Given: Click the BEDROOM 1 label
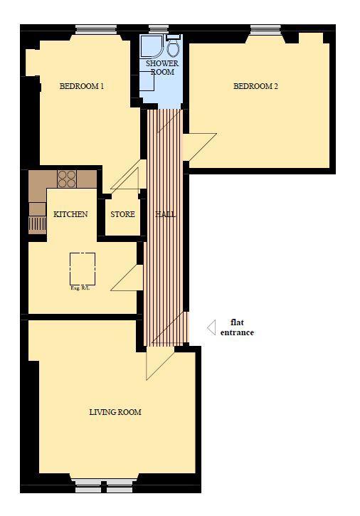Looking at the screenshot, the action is pos(82,86).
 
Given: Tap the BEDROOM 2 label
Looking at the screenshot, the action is pos(255,86).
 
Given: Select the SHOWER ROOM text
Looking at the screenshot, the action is pos(162,68).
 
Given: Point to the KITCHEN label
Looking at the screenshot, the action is pos(70,214).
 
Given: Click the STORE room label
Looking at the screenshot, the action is pos(123,214).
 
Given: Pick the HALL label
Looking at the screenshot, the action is pos(166,214).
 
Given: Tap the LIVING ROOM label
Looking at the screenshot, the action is pos(115,412).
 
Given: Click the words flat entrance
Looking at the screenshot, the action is pos(237,327).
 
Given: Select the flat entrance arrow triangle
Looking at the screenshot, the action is pos(211,327).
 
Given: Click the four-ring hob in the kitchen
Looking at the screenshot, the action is pos(67,179).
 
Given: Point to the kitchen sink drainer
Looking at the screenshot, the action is pos(37,224).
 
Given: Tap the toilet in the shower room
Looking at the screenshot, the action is pos(173,46).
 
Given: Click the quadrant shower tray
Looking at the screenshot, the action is pos(152,47).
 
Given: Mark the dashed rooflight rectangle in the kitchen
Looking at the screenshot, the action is pos(83,269).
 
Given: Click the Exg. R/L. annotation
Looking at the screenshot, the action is pos(80,288).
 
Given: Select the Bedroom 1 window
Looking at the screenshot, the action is pos(96,30).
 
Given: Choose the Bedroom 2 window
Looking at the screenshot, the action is pos(265,30).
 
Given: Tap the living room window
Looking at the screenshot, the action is pos(104,486).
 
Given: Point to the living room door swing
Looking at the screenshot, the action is pos(160,363).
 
